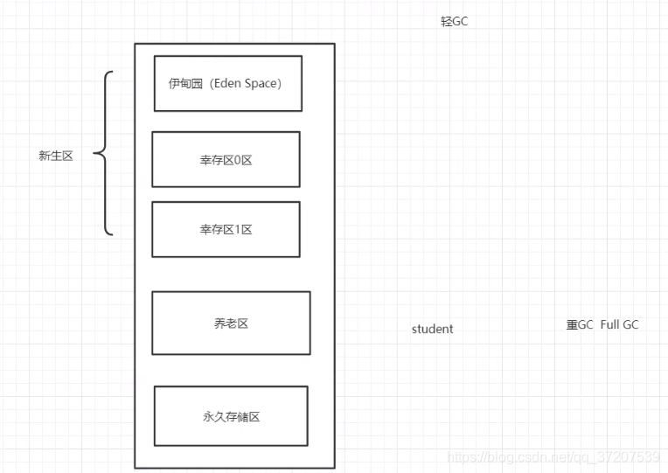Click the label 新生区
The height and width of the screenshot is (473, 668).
55,156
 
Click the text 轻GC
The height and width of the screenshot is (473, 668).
454,21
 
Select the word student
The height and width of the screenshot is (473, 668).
432,329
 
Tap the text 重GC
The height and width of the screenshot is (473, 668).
579,324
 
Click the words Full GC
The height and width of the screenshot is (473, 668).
619,324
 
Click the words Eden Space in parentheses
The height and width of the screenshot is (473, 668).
246,83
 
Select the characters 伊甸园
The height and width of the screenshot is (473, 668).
184,84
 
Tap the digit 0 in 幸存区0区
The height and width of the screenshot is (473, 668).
238,160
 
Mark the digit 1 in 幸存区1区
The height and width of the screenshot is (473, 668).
238,230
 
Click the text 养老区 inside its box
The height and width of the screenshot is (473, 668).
231,323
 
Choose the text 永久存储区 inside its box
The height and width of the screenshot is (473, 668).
231,417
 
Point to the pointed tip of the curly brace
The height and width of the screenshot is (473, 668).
94,156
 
